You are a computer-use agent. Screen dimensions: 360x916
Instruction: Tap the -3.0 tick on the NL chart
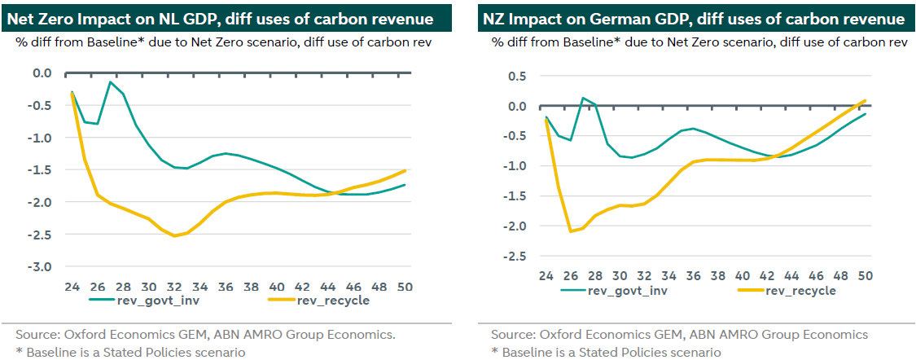tap(41, 267)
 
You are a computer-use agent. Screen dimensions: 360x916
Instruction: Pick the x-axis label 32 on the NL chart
tap(174, 288)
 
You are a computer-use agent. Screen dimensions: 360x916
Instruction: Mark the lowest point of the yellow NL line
tap(174, 235)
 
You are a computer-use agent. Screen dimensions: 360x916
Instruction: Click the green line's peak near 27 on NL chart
tap(110, 82)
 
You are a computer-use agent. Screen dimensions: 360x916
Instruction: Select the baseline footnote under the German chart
tap(606, 352)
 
